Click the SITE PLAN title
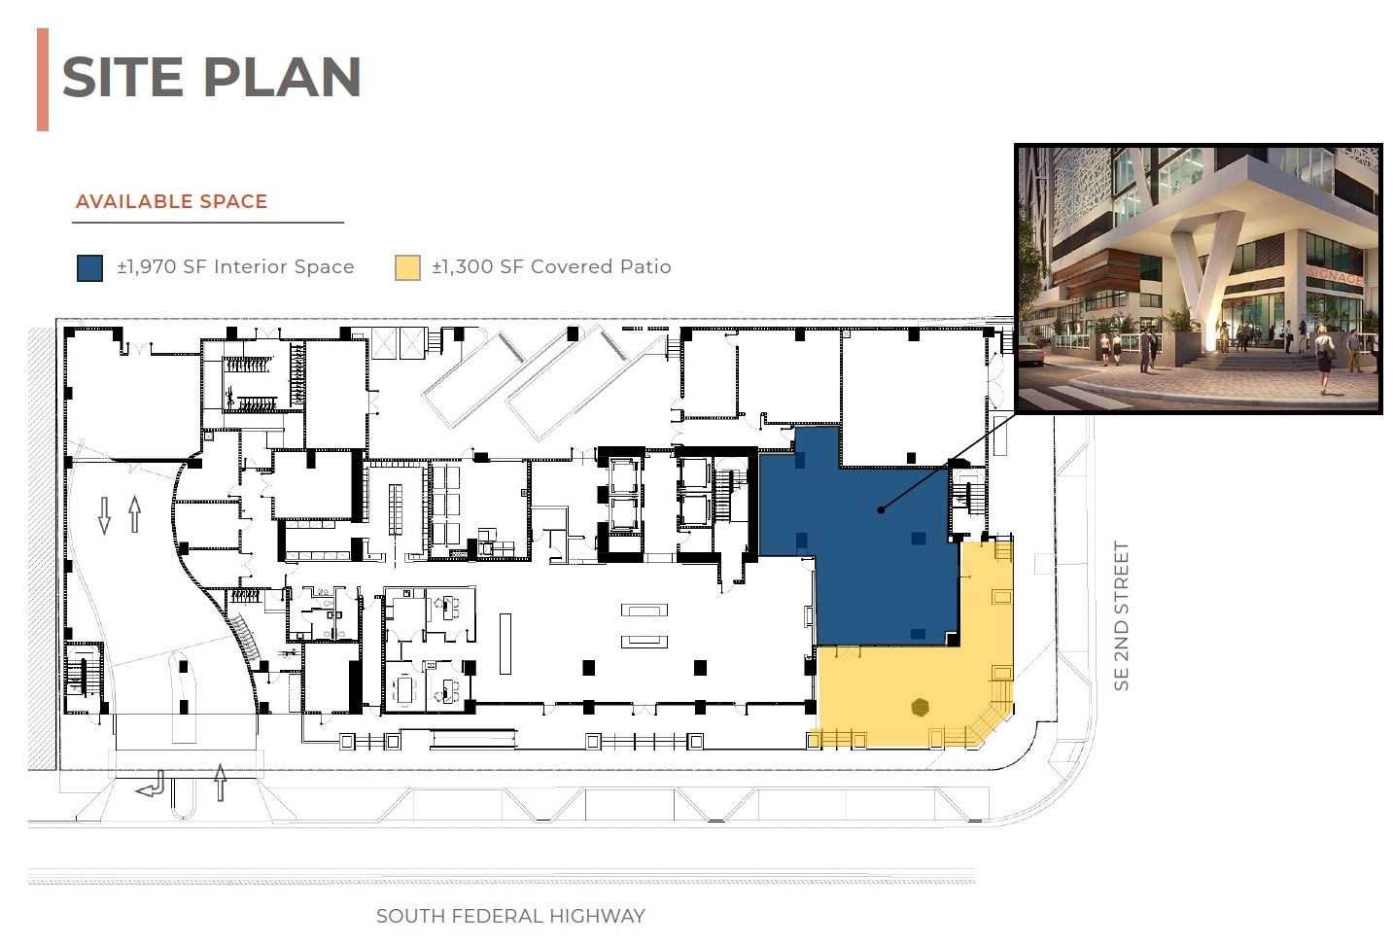(211, 78)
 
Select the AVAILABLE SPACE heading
(171, 201)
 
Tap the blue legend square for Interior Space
(89, 267)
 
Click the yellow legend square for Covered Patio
(407, 267)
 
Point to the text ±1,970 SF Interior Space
(235, 266)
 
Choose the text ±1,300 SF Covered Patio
(551, 266)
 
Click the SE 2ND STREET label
(1122, 616)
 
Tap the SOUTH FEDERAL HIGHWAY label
(510, 916)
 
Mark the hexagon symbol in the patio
(920, 708)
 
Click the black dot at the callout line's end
(881, 509)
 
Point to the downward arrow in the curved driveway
(105, 514)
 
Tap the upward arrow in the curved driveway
(134, 513)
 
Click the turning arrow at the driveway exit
(153, 784)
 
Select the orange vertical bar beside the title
(43, 80)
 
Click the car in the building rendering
(1030, 352)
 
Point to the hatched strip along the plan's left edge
(42, 544)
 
